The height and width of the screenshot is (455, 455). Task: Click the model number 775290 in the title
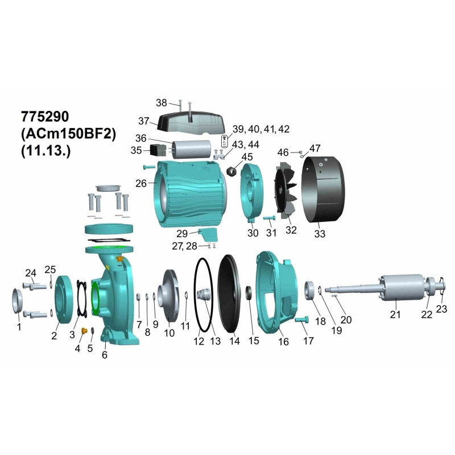45,117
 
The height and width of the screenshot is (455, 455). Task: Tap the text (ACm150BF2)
68,134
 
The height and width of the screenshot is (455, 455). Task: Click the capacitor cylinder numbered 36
192,149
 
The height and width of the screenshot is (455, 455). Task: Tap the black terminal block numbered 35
158,150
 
